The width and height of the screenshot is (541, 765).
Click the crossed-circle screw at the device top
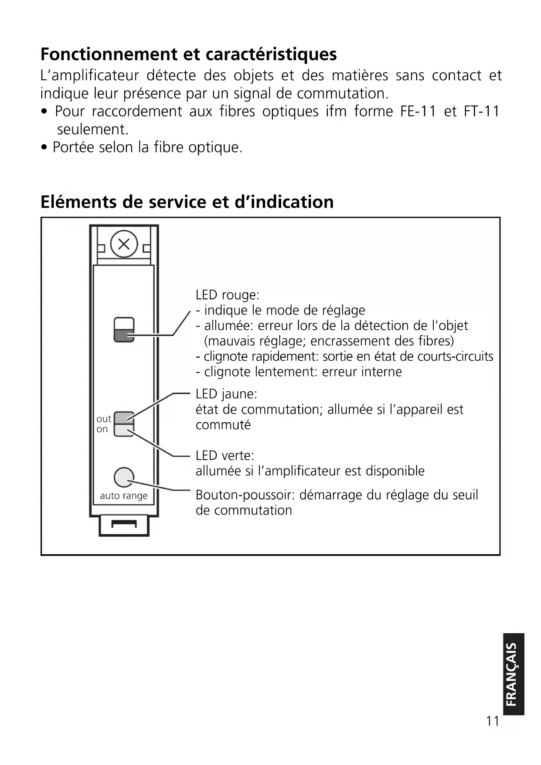[124, 244]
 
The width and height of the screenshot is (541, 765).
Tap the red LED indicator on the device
[124, 335]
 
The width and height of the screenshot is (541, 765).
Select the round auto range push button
[124, 477]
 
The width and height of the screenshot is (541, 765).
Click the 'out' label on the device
[104, 419]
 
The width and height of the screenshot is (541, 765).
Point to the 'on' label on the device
[102, 429]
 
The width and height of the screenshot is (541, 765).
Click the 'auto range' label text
[124, 495]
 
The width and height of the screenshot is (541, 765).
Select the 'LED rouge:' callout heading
[227, 295]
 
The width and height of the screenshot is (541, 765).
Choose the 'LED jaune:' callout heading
[226, 394]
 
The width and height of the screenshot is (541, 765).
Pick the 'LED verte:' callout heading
[225, 455]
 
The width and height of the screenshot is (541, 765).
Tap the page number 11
[493, 721]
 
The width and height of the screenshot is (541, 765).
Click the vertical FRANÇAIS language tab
[513, 674]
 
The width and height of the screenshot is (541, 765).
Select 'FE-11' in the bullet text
[418, 111]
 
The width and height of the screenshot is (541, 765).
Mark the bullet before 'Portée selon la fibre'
[44, 148]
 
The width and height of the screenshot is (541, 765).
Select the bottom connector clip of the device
[124, 525]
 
